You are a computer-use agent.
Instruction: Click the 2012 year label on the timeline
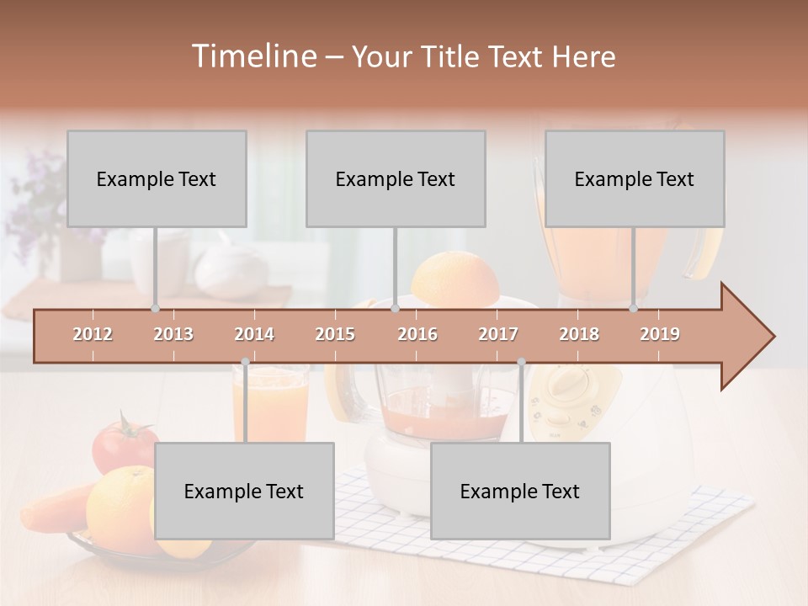[x=93, y=334]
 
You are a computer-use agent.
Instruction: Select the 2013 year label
[x=173, y=334]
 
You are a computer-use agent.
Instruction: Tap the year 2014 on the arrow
[x=254, y=334]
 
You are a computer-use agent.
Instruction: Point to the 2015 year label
[x=335, y=334]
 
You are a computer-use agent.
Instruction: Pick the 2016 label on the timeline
[x=417, y=334]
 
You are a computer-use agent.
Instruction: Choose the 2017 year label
[x=498, y=334]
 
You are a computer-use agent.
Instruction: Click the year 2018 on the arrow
[x=579, y=334]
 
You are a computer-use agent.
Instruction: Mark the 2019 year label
[x=660, y=334]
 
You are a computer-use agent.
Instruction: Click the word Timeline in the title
[x=253, y=56]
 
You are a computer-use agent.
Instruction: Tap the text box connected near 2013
[x=157, y=178]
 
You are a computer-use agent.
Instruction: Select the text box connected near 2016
[x=396, y=178]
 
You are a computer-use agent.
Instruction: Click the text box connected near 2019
[x=635, y=178]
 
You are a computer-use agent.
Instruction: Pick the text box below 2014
[x=244, y=491]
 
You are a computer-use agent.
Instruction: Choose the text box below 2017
[x=520, y=491]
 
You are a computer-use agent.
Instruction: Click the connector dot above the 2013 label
[x=155, y=308]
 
